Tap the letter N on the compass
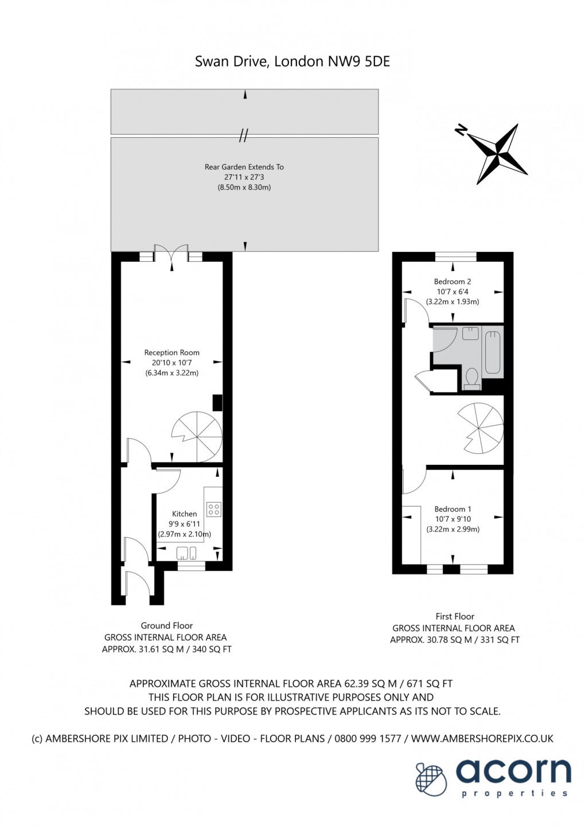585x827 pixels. pos(460,130)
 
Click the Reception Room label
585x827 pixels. pos(171,352)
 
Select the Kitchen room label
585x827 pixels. pos(184,514)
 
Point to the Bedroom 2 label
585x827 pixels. pos(452,281)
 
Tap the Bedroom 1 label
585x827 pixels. pos(453,508)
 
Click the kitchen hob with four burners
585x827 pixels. pos(214,509)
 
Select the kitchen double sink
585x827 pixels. pos(186,553)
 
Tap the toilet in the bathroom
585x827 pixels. pos(472,379)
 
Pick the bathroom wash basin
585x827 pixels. pos(470,333)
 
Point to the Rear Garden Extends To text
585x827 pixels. pos(244,167)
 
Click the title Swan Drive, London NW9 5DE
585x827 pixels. pos(292,61)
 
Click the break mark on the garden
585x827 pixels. pos(244,136)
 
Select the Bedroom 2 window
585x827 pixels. pos(455,257)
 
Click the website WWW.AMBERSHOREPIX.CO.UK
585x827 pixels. pos(482,739)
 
